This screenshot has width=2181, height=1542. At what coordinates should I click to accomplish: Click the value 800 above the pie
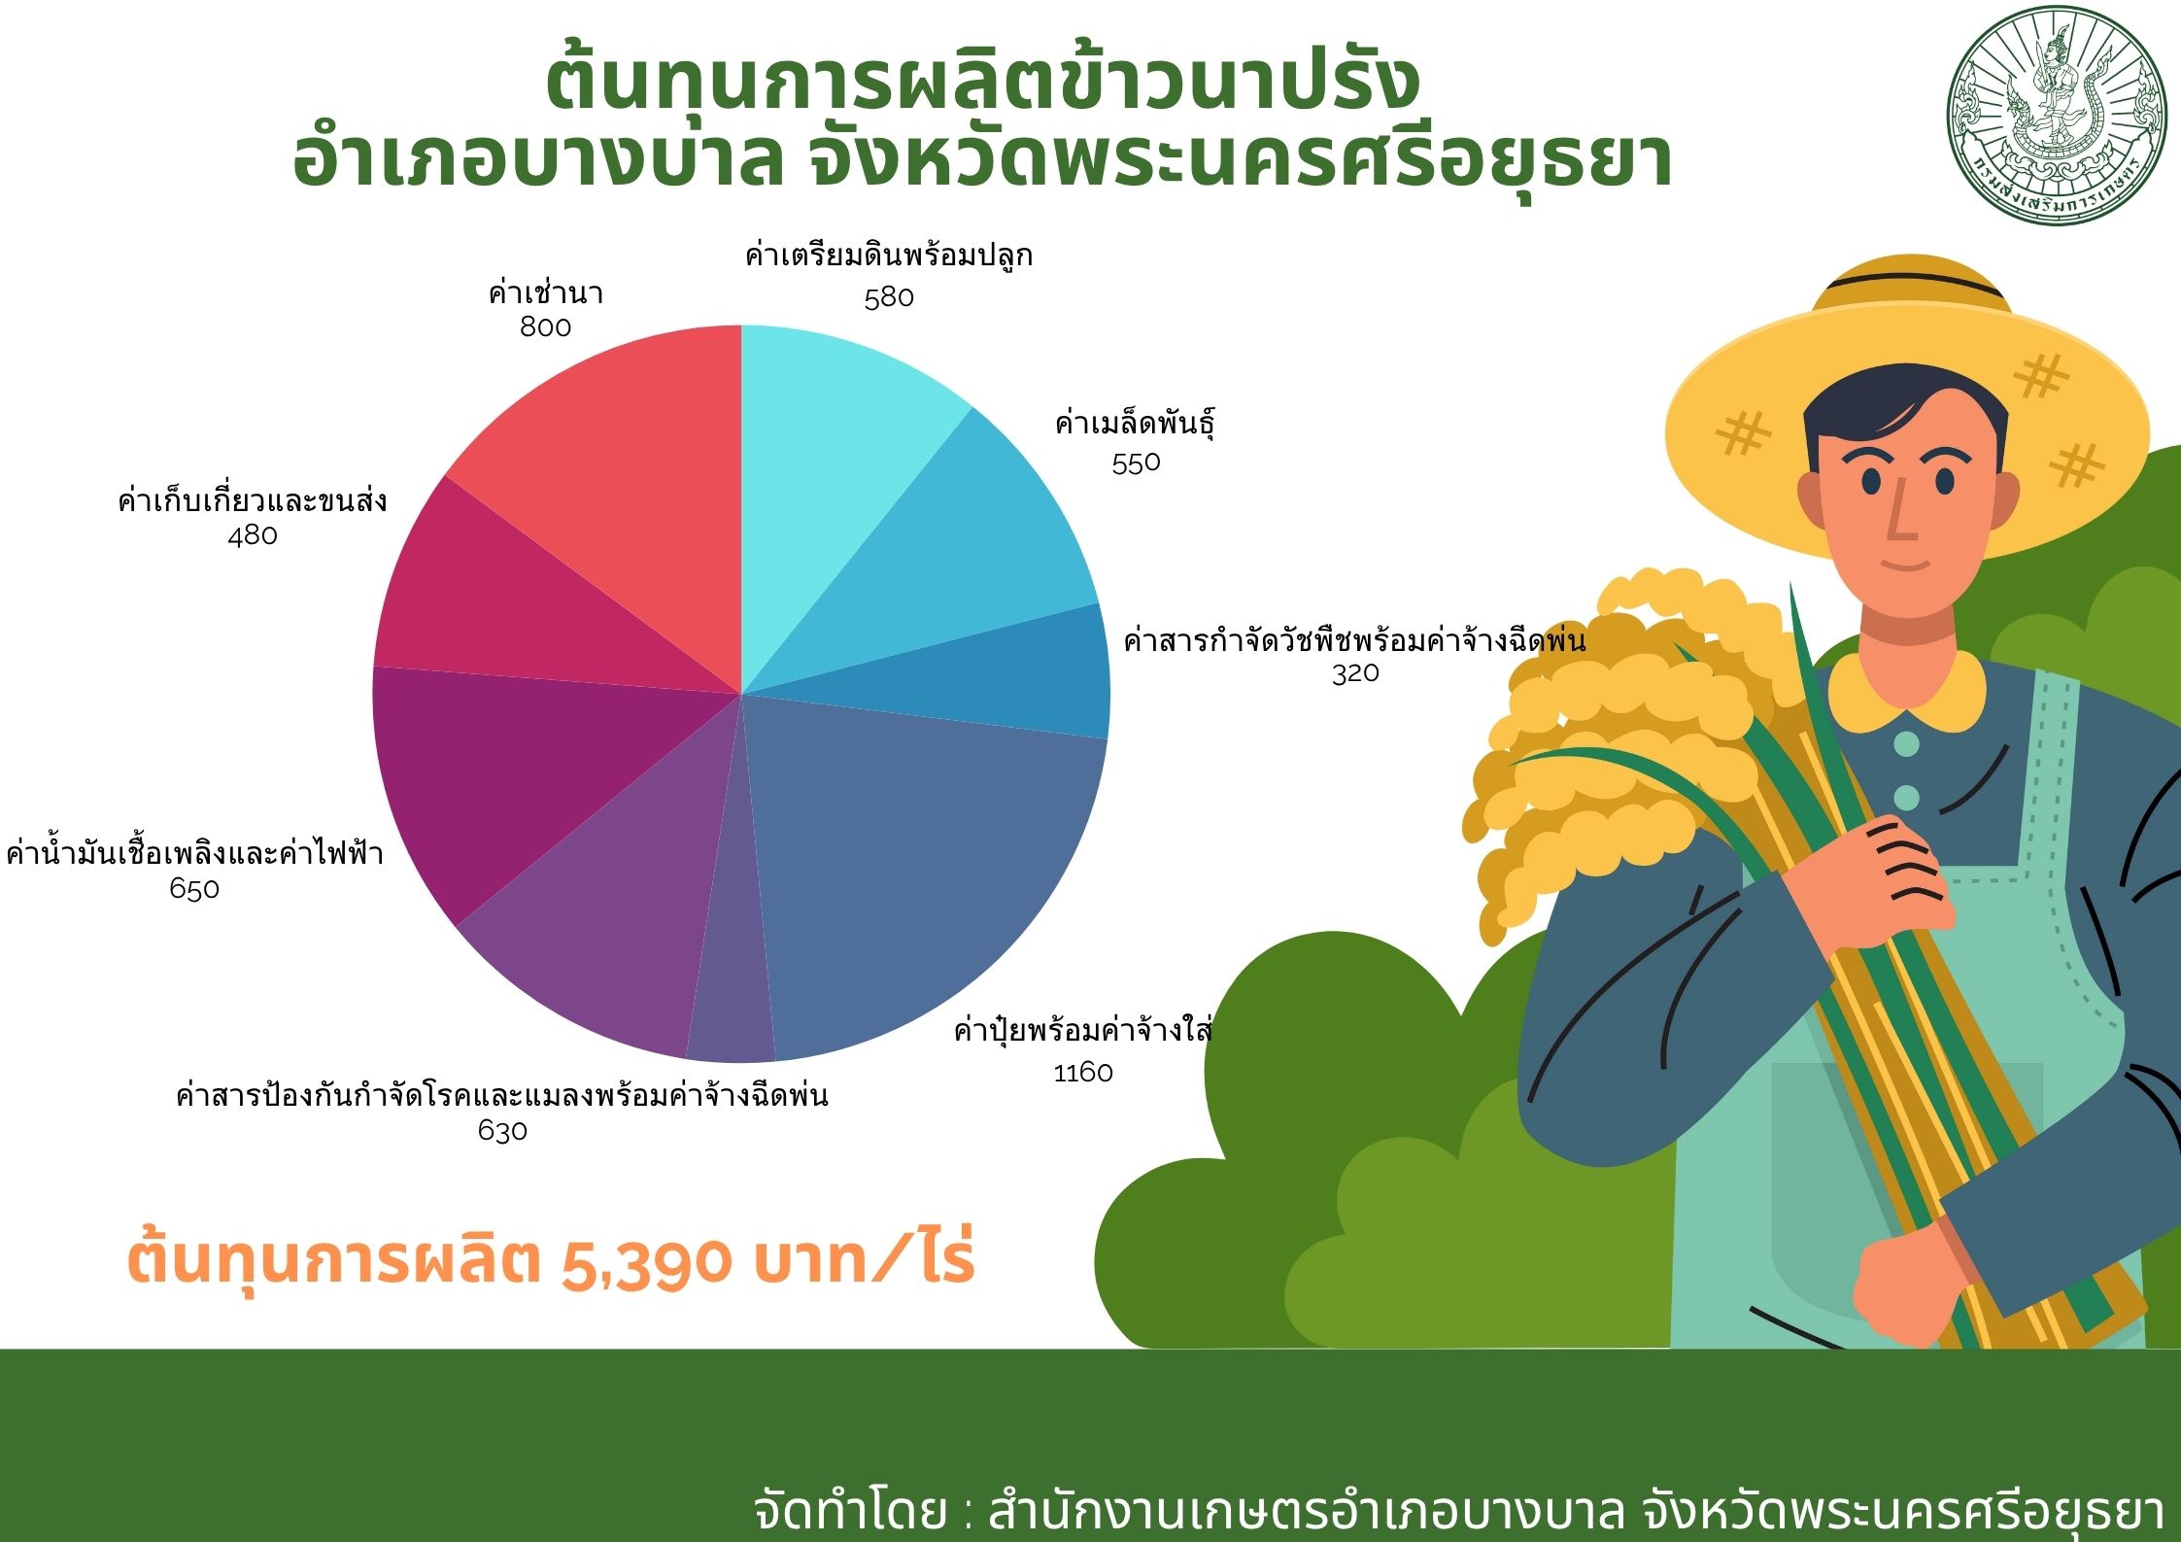(545, 327)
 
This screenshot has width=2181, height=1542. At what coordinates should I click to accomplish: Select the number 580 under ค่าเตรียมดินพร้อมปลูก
(889, 297)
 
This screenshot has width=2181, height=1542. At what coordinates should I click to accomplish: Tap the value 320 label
(1355, 672)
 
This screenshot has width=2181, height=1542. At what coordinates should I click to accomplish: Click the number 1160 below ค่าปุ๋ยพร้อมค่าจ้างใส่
(1083, 1073)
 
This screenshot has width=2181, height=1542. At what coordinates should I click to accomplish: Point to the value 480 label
(253, 535)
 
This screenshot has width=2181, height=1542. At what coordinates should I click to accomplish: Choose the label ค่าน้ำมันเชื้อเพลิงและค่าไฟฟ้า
(194, 853)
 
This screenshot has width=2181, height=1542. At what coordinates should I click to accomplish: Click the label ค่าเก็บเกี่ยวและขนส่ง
(253, 500)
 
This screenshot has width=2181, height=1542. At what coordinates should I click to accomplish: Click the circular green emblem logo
(2057, 115)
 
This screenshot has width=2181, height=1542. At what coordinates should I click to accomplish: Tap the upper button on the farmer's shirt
(1906, 745)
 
